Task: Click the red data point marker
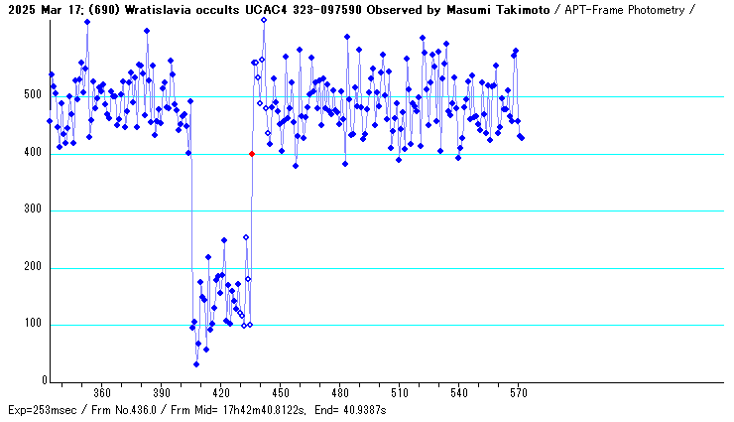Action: click(252, 154)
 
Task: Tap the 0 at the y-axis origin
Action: click(44, 381)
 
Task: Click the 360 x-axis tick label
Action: click(102, 392)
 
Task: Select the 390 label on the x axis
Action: click(162, 392)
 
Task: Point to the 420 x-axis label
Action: click(221, 392)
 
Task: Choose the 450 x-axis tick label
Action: click(281, 392)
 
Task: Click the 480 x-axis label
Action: click(340, 392)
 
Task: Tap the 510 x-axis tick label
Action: click(400, 392)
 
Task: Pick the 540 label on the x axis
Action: click(459, 392)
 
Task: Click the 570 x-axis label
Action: click(519, 392)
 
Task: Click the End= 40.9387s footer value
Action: click(346, 409)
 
